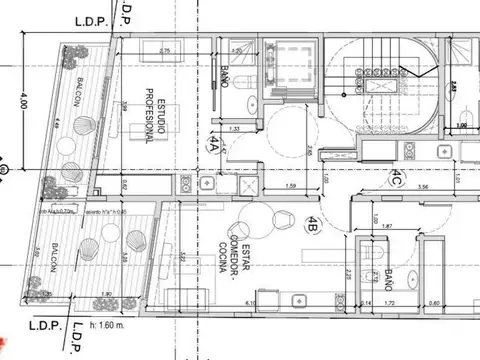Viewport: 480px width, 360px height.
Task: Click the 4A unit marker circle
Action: tap(212, 144)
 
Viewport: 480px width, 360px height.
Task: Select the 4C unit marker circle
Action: tap(396, 181)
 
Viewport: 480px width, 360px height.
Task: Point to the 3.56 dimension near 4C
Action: tap(423, 187)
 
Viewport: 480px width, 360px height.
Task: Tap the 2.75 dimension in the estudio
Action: tap(165, 50)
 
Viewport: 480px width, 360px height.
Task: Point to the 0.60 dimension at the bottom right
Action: tap(434, 301)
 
